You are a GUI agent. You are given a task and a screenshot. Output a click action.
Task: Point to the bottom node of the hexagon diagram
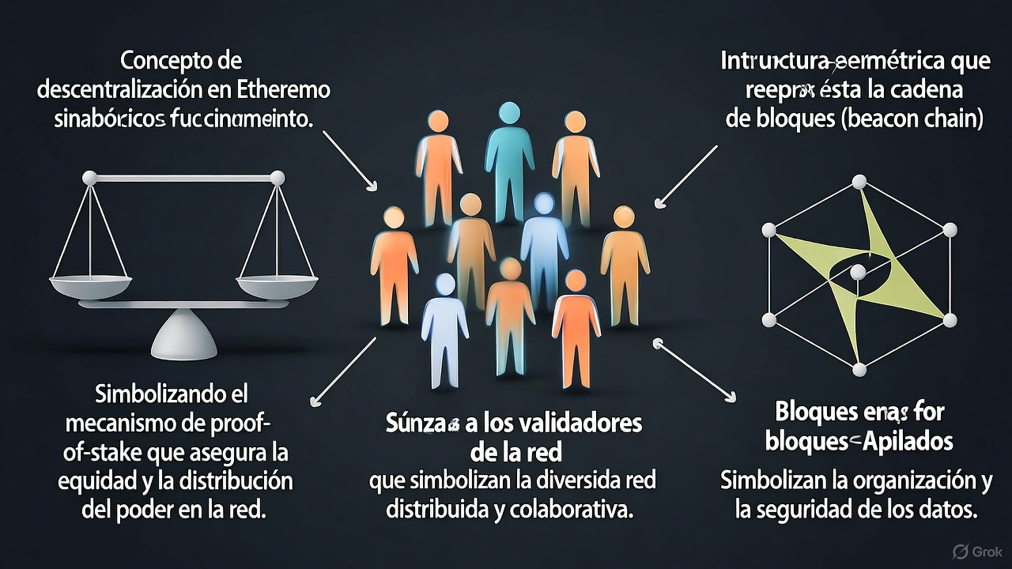coord(859,370)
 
